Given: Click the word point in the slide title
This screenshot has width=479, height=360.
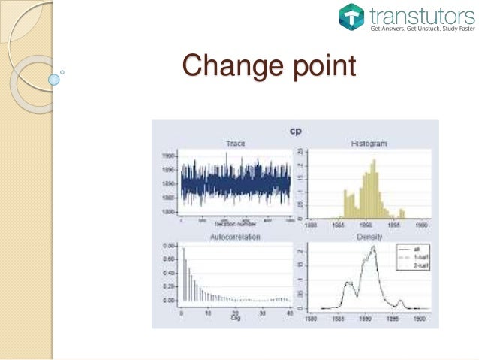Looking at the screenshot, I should click(315, 68).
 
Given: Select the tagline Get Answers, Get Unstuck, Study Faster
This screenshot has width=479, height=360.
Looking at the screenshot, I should click(422, 29).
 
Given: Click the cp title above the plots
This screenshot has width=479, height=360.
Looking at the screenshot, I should click(296, 130).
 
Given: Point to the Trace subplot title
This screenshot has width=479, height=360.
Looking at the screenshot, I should click(234, 143).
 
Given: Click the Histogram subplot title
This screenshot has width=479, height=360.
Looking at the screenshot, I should click(368, 143).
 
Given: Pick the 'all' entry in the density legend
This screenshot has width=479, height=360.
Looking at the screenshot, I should click(408, 247).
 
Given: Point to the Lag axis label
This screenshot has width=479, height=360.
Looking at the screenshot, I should click(235, 319).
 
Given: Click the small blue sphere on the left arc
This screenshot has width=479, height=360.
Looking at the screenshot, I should click(53, 77).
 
